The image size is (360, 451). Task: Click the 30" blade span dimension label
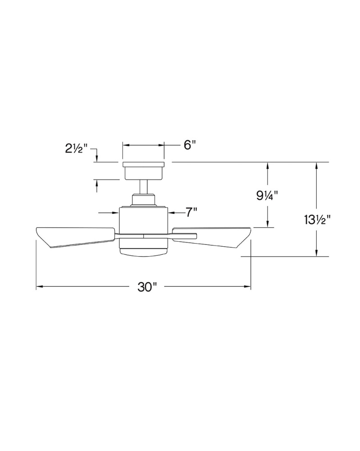pos(147,287)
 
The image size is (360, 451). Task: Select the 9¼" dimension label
pos(268,196)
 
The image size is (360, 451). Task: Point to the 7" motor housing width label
pos(191,212)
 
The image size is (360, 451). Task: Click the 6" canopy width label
pos(190,145)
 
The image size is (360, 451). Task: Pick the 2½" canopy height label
pos(76,149)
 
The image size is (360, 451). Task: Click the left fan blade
pos(75,237)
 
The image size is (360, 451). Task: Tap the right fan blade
pos(212,237)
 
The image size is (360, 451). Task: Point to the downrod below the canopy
pos(143,187)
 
